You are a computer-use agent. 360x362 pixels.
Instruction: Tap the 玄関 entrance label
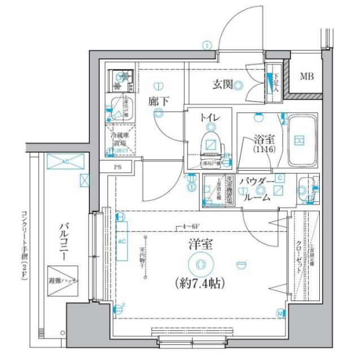[223, 85]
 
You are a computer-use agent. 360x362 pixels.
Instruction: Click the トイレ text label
[209, 118]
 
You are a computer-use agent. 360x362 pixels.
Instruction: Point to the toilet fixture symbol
[210, 146]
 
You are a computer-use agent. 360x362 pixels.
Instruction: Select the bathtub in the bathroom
[300, 140]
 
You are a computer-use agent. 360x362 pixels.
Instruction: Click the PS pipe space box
[118, 167]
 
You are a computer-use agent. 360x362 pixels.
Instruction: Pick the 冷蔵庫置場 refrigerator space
[119, 139]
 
